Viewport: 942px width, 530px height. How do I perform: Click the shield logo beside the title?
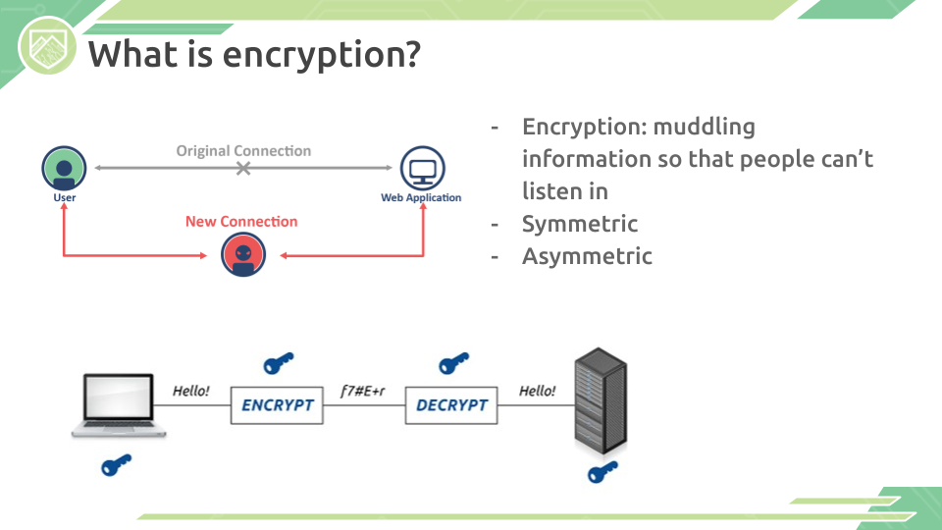coord(47,46)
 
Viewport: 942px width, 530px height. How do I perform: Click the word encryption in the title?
coord(322,55)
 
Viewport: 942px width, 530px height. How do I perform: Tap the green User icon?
coord(64,168)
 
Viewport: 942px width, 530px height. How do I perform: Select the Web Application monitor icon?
coord(422,168)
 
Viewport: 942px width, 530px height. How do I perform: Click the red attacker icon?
coord(243,255)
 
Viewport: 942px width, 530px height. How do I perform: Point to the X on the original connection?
coord(243,168)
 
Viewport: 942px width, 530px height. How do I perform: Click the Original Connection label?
coord(243,151)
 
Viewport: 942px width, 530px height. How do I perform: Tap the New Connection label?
coord(241,221)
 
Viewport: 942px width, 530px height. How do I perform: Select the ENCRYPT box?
coord(277,405)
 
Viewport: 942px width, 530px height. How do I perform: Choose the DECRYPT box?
coord(451,405)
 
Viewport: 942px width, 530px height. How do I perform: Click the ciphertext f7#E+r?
coord(363,392)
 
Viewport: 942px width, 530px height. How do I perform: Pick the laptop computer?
coord(119,405)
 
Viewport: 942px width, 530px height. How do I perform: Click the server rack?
coord(601,400)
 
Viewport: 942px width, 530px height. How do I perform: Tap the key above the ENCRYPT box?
coord(278,363)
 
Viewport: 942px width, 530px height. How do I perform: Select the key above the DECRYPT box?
coord(453,363)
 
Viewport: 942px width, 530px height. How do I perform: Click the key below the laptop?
coord(116,465)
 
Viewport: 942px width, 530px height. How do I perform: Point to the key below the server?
coord(602,472)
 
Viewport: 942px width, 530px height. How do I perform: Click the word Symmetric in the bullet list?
coord(580,224)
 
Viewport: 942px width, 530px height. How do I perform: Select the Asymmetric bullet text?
coord(587,256)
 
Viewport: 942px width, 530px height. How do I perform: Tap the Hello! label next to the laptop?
coord(191,392)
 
